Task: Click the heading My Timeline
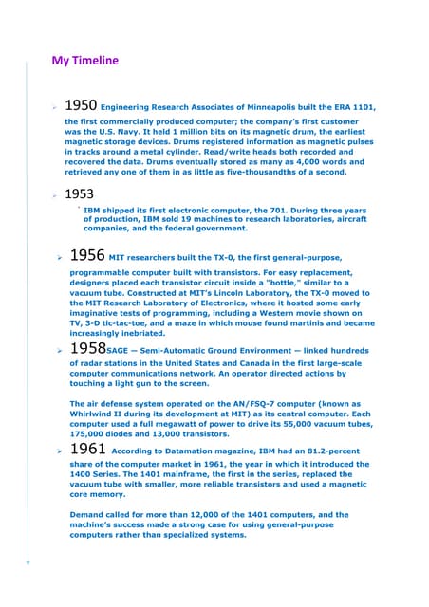tap(84, 62)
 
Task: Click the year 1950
tap(80, 106)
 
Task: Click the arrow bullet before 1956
tap(59, 258)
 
